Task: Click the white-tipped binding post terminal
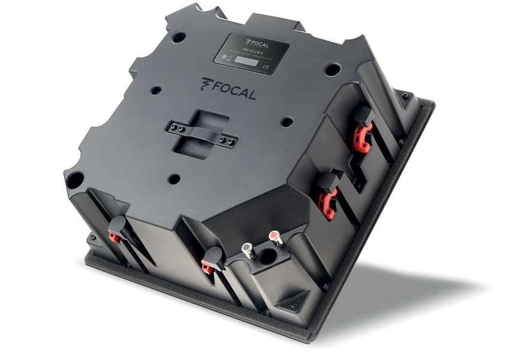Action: click(x=246, y=247)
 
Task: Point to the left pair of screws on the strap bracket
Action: click(x=174, y=127)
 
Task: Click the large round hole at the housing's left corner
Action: click(x=75, y=178)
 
